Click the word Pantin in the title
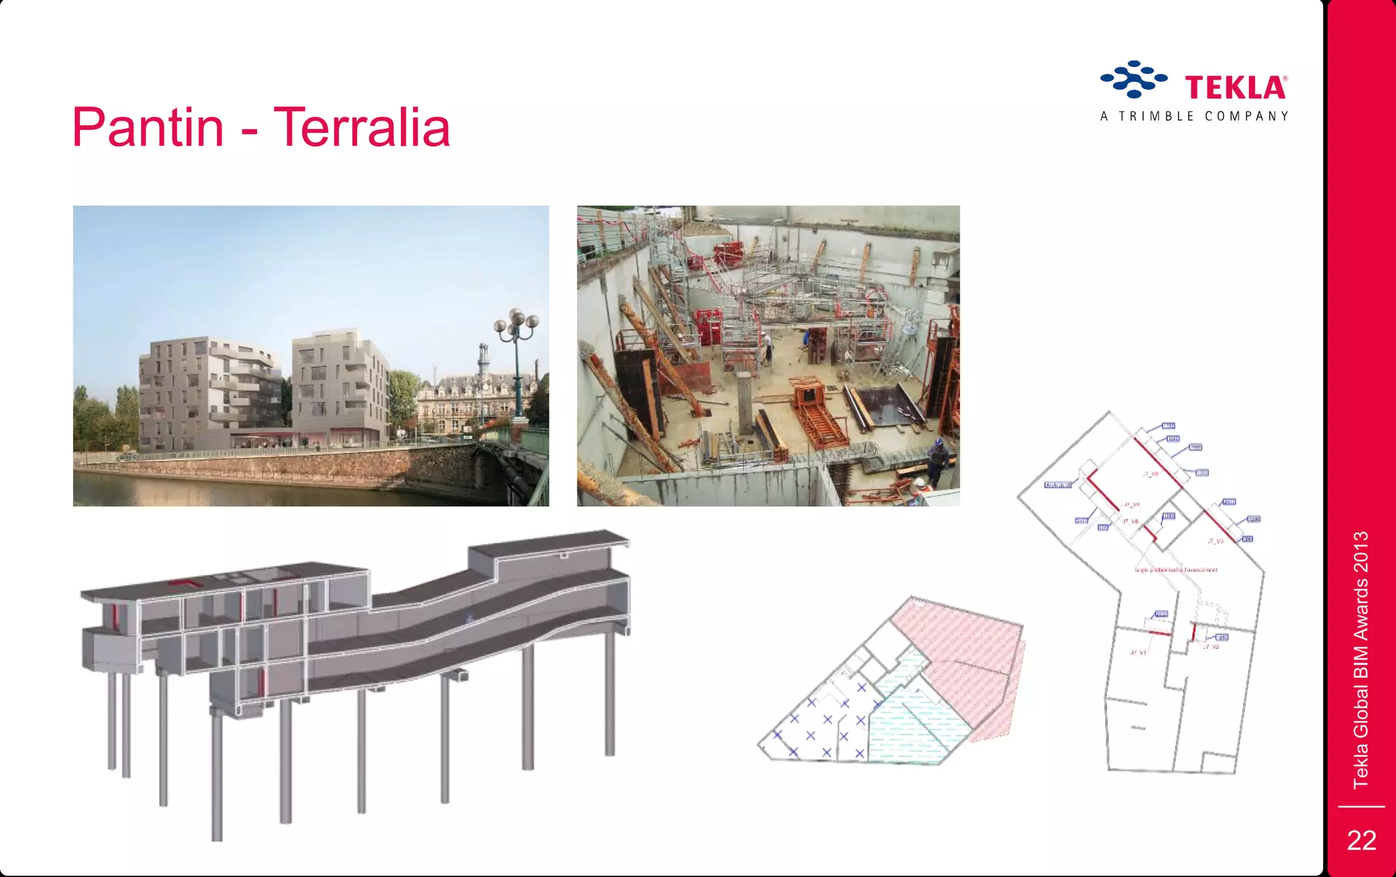click(148, 127)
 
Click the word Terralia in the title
click(362, 127)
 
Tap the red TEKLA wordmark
click(1235, 88)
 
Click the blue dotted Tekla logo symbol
click(1134, 79)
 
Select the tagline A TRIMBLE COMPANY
click(1194, 117)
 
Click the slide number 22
click(1361, 840)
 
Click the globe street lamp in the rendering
click(517, 324)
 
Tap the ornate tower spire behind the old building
click(483, 358)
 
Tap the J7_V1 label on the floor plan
click(1138, 652)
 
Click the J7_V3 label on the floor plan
click(1215, 541)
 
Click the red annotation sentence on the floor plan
click(1175, 570)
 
